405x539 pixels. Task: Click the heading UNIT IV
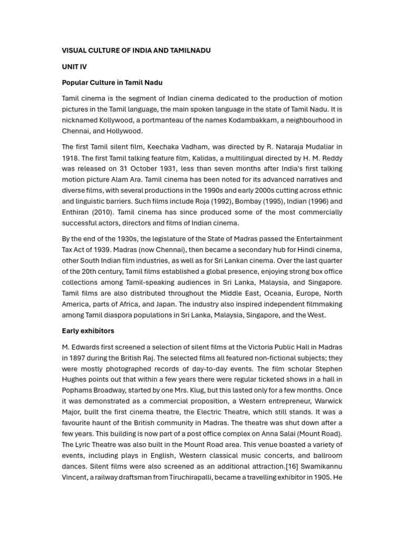(74, 67)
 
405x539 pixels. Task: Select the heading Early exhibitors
(88, 331)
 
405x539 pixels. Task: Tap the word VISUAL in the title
(74, 51)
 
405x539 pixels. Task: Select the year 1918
(71, 158)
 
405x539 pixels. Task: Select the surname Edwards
(87, 347)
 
